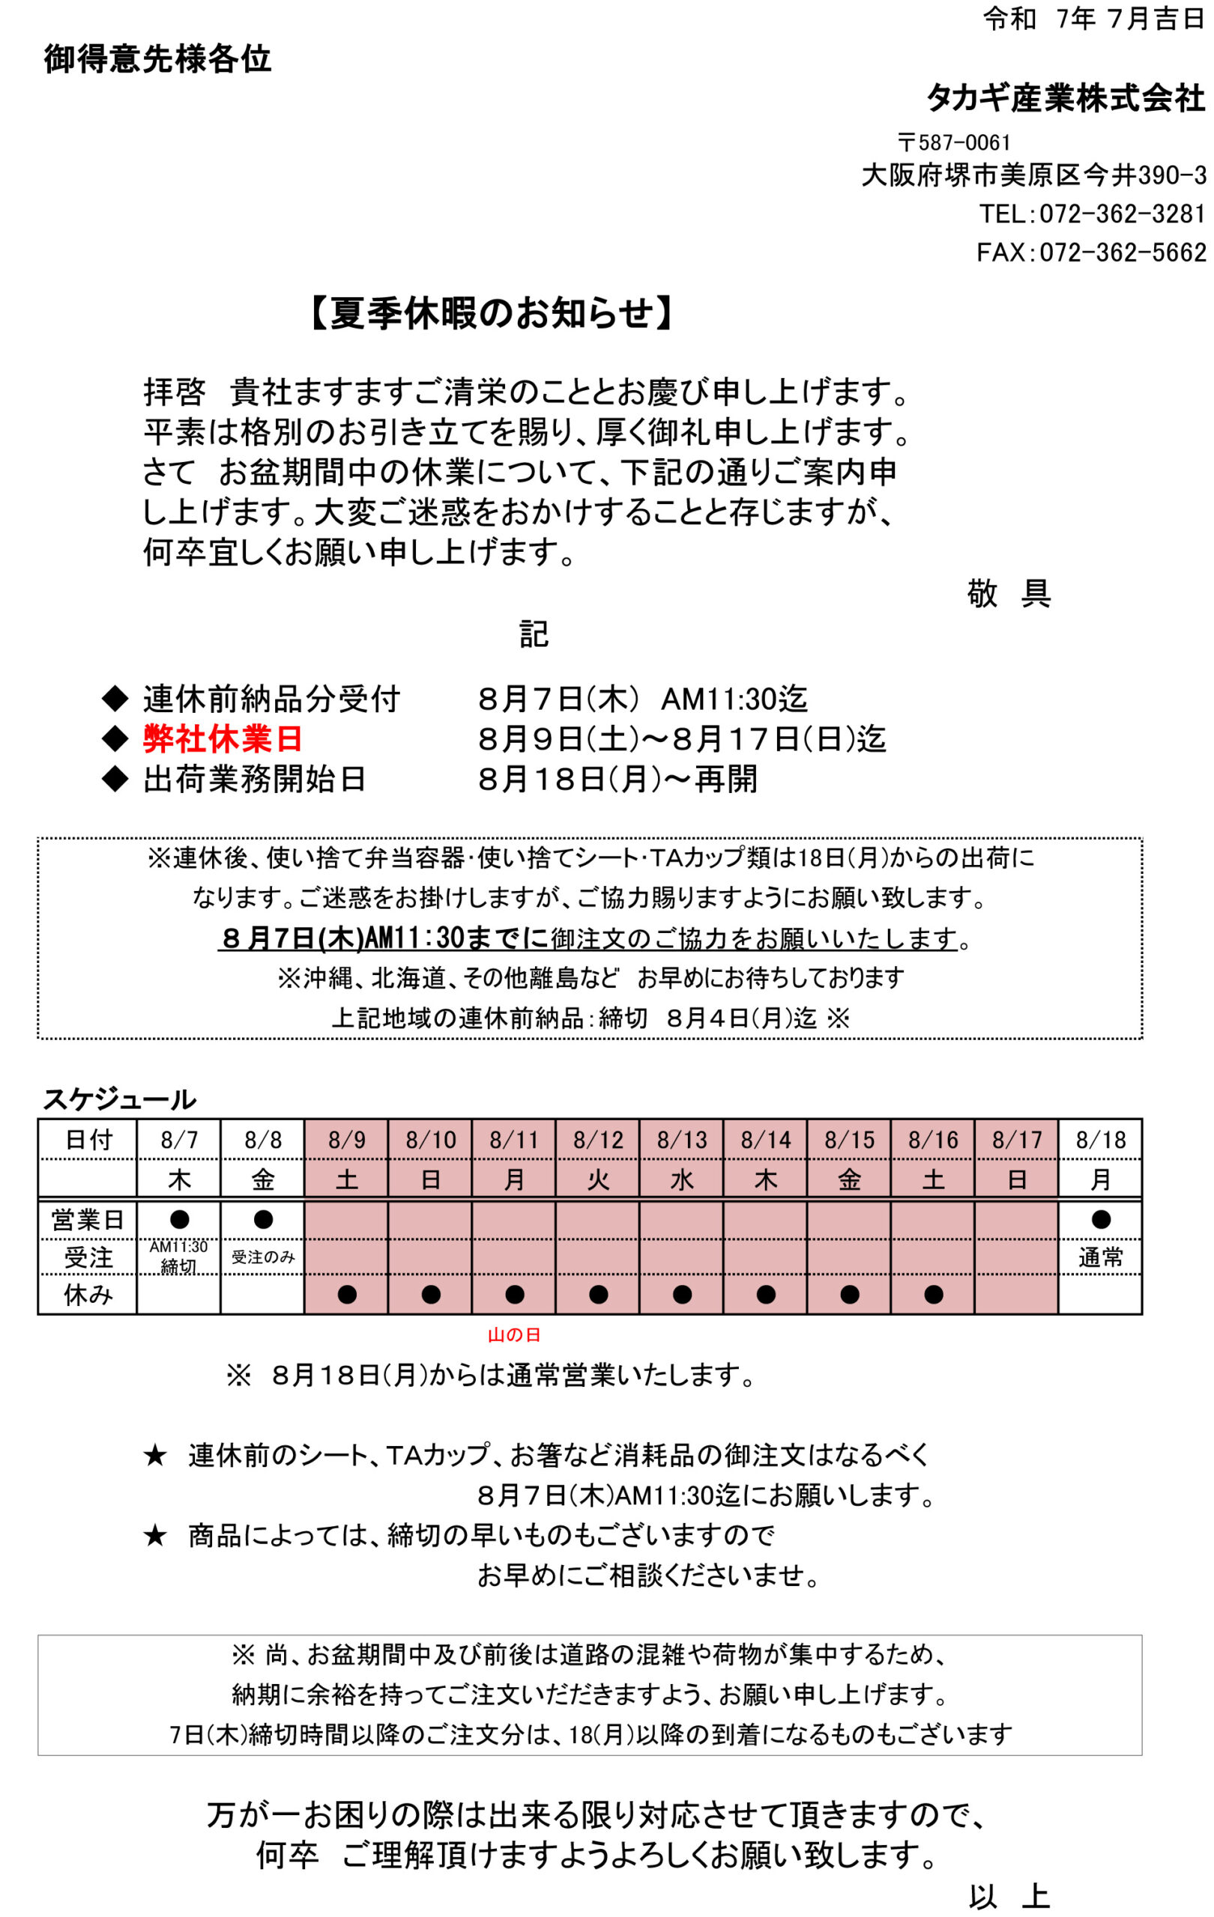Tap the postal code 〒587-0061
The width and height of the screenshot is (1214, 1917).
(953, 142)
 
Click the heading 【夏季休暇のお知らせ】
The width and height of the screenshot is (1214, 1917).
(491, 313)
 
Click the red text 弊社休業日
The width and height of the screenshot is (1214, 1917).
(223, 739)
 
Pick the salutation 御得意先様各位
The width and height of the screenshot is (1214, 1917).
(157, 59)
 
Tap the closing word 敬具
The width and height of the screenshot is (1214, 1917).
(1008, 593)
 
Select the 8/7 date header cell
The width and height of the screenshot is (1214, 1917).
(178, 1139)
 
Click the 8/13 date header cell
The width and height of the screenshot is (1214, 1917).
(681, 1139)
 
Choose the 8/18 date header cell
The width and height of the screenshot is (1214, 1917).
(1100, 1139)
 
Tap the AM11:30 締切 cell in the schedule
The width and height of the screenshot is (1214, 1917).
(178, 1257)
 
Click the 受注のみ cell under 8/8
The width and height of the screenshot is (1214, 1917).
(263, 1257)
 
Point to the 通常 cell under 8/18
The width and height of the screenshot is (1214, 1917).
(1100, 1257)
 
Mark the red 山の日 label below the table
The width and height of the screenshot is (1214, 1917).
(514, 1335)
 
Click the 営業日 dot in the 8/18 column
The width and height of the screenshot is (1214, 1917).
(1100, 1219)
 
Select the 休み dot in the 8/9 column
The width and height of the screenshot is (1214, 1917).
(346, 1295)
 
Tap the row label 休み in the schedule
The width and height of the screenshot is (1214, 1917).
(88, 1295)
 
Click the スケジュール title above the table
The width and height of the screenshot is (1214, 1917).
(118, 1099)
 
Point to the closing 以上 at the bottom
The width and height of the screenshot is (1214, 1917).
(1009, 1897)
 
